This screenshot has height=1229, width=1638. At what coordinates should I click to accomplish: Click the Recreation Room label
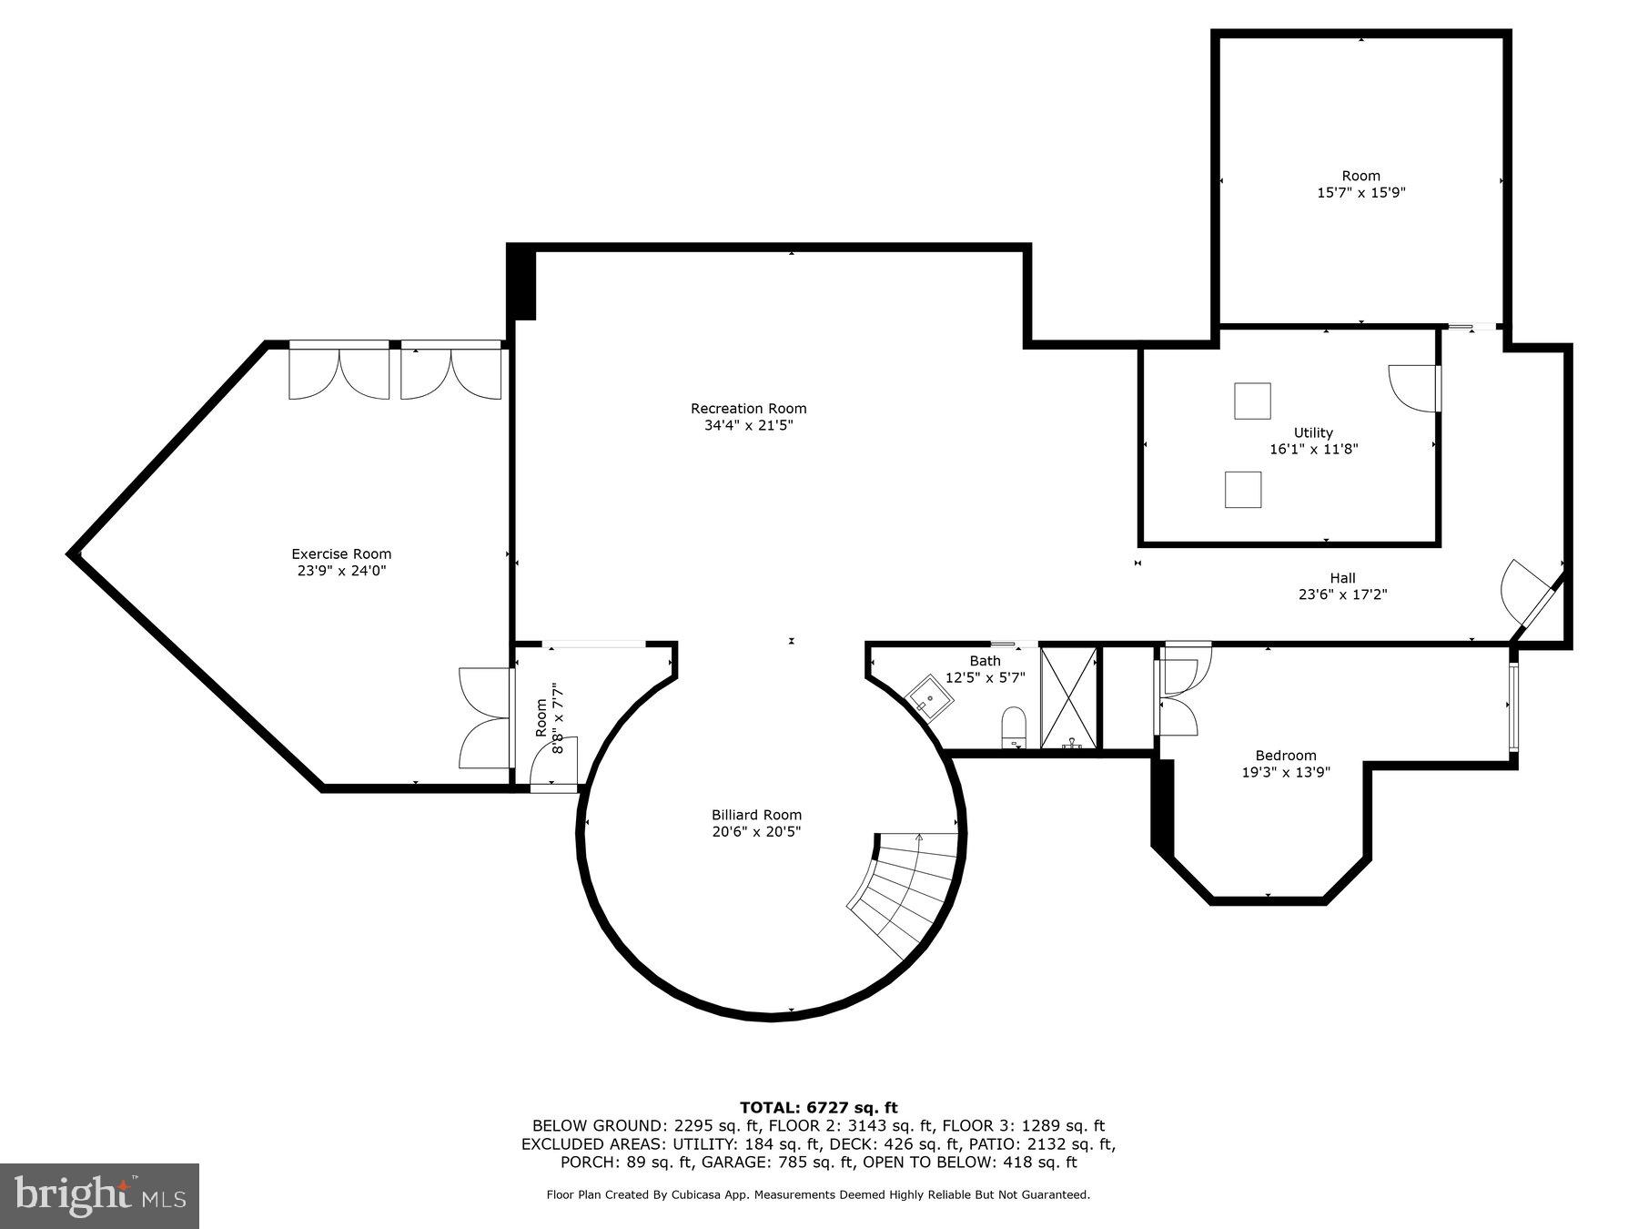pos(748,409)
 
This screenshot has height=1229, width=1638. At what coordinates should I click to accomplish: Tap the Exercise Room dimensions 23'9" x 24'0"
pos(341,571)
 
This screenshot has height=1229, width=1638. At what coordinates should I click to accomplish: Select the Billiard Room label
pos(756,815)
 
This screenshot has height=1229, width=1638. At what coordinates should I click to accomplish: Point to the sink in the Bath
pos(928,698)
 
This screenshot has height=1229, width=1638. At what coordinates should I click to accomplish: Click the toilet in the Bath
pos(1014,728)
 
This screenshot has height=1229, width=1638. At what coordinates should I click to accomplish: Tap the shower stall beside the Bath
pos(1069,697)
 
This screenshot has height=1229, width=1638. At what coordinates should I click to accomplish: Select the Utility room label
pos(1313,432)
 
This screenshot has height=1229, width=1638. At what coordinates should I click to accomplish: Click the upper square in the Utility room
pos(1252,401)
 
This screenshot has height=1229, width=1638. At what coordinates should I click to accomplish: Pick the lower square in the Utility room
pos(1243,489)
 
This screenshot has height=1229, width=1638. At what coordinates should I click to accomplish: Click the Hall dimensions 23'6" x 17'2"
pos(1342,594)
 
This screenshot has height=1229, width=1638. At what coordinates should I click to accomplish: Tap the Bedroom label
pos(1286,755)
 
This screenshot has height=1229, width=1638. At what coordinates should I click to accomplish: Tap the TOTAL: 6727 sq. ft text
pos(819,1107)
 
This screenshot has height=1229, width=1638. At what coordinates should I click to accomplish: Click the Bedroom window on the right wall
pos(1513,706)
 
